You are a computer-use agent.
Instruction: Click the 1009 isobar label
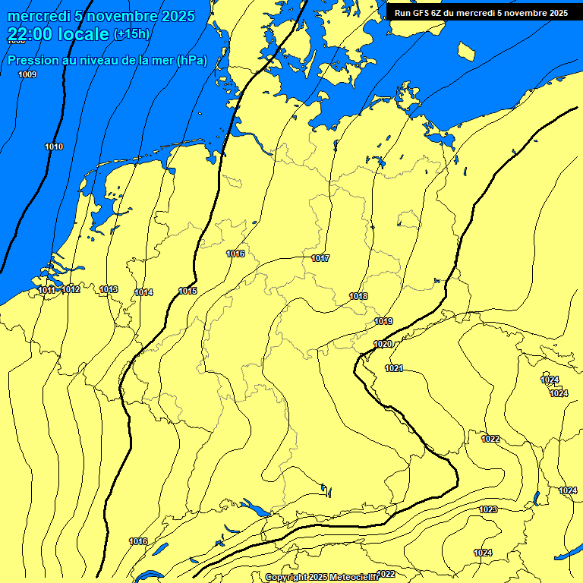click(x=27, y=74)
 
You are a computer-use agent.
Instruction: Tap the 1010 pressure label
click(x=54, y=147)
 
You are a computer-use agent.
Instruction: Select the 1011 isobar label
click(x=47, y=290)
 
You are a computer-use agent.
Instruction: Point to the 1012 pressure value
click(x=71, y=289)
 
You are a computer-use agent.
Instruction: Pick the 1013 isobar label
click(x=109, y=289)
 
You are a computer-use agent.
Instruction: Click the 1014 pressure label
click(x=144, y=292)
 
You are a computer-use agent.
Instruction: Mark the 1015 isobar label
click(x=188, y=291)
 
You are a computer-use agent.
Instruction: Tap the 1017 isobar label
click(x=320, y=258)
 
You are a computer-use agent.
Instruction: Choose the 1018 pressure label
click(x=358, y=296)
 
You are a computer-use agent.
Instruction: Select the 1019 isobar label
click(x=383, y=321)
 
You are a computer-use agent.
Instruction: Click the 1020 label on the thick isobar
click(x=383, y=345)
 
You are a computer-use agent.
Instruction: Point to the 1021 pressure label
click(x=394, y=368)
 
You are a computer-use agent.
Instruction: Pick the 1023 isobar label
click(x=488, y=509)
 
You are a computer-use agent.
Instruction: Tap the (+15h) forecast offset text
click(x=131, y=33)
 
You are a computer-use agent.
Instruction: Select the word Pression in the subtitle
click(x=32, y=61)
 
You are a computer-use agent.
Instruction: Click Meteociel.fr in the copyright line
click(x=353, y=578)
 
